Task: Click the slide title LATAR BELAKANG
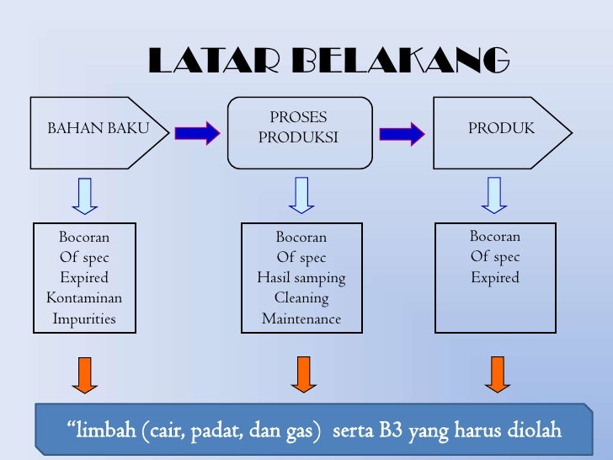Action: pyautogui.click(x=329, y=61)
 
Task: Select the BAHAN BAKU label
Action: pyautogui.click(x=98, y=129)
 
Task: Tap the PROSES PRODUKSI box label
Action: pyautogui.click(x=298, y=128)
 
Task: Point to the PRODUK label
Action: pyautogui.click(x=501, y=129)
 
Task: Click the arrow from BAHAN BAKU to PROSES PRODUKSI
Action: pyautogui.click(x=197, y=132)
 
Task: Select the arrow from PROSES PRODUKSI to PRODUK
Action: pyautogui.click(x=402, y=132)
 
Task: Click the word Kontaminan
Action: pyautogui.click(x=84, y=298)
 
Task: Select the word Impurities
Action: pyautogui.click(x=84, y=319)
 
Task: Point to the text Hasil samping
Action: pyautogui.click(x=301, y=278)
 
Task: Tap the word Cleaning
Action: pyautogui.click(x=301, y=298)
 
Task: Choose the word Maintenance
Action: pyautogui.click(x=301, y=319)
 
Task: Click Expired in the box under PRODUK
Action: pyautogui.click(x=495, y=277)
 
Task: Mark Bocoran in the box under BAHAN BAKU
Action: pyautogui.click(x=84, y=237)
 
